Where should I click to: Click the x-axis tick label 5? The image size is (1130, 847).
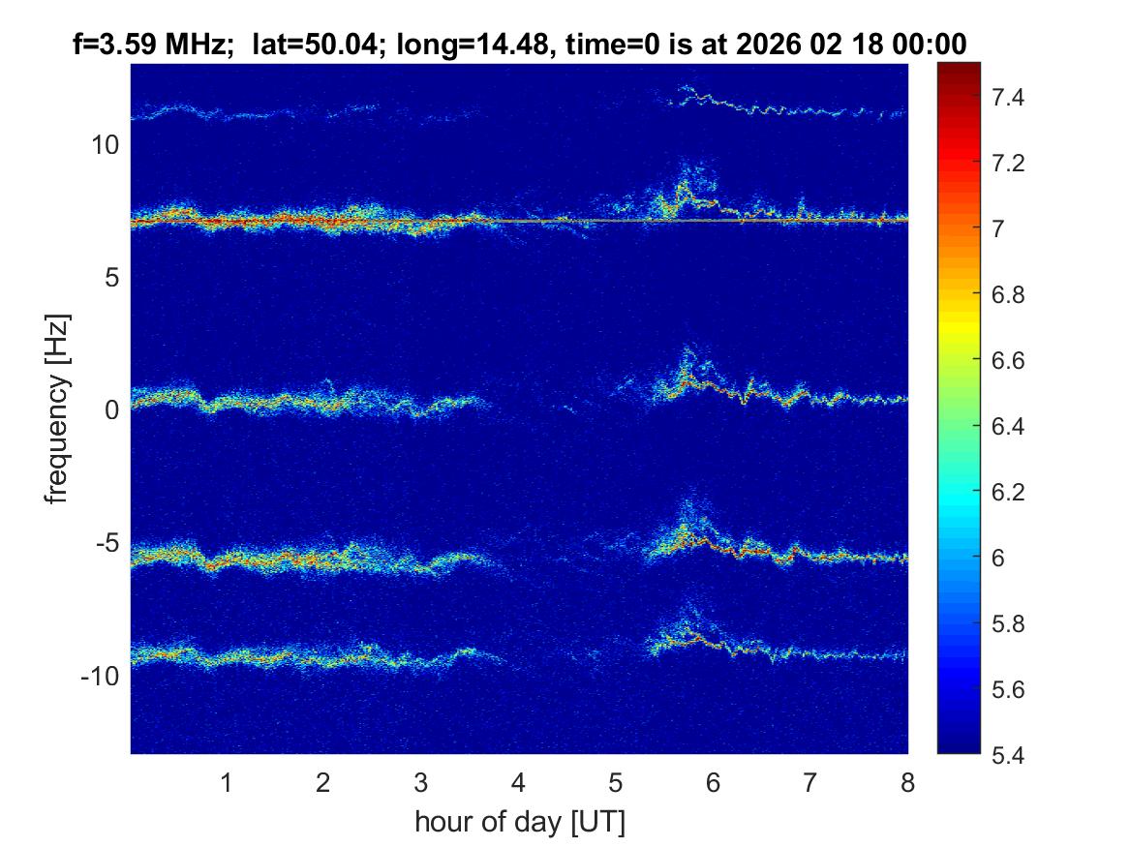click(x=615, y=782)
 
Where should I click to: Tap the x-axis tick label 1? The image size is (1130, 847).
click(x=226, y=782)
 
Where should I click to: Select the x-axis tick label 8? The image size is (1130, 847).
click(x=907, y=782)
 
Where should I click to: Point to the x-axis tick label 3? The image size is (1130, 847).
click(x=420, y=782)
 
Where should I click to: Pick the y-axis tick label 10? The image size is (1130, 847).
click(x=105, y=145)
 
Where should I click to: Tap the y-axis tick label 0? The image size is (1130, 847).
click(x=111, y=409)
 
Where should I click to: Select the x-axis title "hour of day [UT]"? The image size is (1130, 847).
click(x=519, y=823)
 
